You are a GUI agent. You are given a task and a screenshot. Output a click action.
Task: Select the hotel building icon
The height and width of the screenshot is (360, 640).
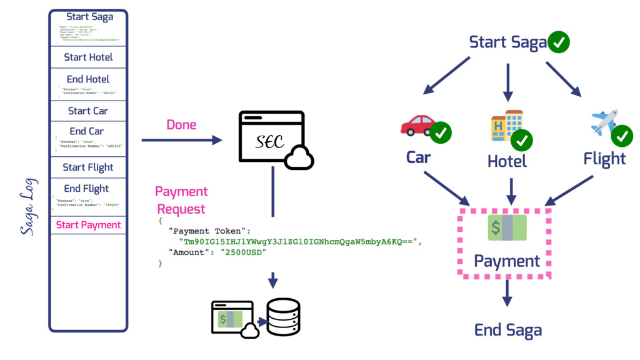point(506,125)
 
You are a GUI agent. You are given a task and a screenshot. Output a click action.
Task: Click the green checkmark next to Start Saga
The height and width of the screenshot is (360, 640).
point(558,42)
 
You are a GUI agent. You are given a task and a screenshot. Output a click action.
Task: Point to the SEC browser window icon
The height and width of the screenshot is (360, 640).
point(271,137)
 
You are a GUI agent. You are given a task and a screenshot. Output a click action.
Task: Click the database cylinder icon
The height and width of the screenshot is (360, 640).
point(283,317)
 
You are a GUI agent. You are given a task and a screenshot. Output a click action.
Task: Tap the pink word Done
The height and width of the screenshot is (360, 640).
point(181,125)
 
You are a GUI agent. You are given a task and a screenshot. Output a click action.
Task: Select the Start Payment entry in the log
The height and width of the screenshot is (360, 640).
point(88,225)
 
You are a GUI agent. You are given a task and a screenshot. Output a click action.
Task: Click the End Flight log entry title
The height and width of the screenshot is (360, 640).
point(86,189)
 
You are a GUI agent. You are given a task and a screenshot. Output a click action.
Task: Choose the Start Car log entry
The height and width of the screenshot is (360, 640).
point(88,111)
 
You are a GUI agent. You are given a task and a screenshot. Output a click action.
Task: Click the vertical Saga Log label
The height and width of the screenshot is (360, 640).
point(29,207)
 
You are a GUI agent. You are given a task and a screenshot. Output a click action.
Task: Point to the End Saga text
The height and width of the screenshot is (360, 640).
point(507,330)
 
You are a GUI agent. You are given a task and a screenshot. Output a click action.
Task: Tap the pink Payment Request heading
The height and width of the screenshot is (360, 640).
point(181,200)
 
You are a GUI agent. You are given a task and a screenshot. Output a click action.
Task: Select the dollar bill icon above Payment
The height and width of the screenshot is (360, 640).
point(507,228)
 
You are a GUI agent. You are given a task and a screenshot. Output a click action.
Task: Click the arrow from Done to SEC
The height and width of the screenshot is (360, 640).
point(181,141)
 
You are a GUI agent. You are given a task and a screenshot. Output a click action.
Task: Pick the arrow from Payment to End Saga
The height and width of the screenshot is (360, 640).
point(507,292)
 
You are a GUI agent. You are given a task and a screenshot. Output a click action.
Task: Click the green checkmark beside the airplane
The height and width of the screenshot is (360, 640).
point(622,135)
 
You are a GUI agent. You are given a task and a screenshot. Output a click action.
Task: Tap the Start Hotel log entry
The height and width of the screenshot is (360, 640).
point(88,57)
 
